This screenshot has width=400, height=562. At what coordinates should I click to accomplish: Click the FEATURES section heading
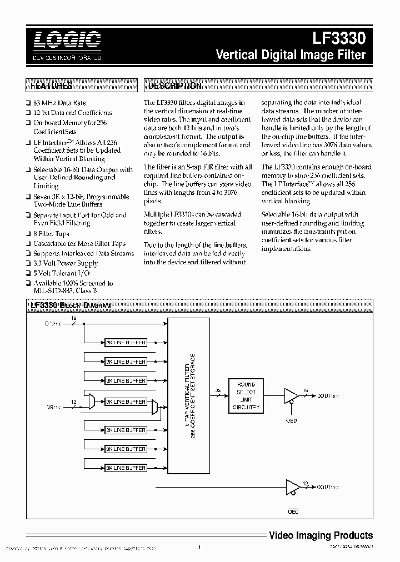[x=51, y=86]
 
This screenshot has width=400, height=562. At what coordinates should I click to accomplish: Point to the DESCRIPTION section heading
[x=174, y=86]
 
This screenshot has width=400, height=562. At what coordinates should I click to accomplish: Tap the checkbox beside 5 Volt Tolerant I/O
[x=28, y=273]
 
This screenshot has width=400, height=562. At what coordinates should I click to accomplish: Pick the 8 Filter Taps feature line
[x=51, y=234]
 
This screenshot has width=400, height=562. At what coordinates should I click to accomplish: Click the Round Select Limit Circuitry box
[x=246, y=396]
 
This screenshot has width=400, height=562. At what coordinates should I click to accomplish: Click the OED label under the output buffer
[x=291, y=420]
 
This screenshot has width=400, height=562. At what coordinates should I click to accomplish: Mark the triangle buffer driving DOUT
[x=290, y=395]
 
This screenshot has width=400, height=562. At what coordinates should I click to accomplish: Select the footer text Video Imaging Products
[x=321, y=535]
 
